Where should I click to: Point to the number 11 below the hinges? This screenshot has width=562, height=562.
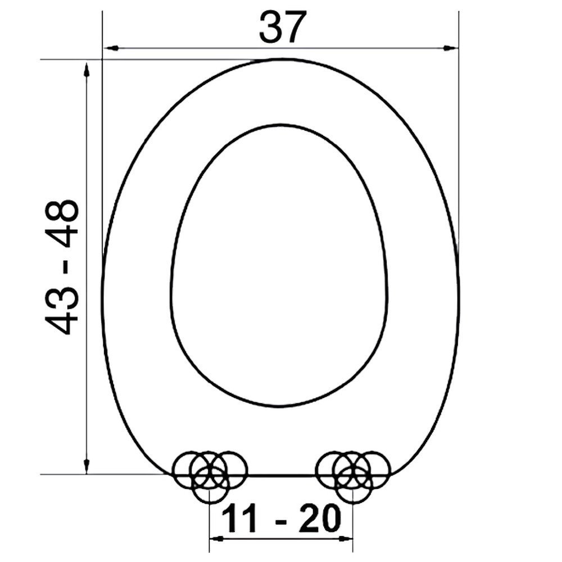(x=238, y=519)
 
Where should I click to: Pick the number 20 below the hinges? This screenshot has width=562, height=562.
(x=320, y=519)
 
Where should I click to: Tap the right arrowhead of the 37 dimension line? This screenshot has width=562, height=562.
(x=451, y=48)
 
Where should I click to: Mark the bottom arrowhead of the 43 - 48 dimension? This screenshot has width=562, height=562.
(x=86, y=465)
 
